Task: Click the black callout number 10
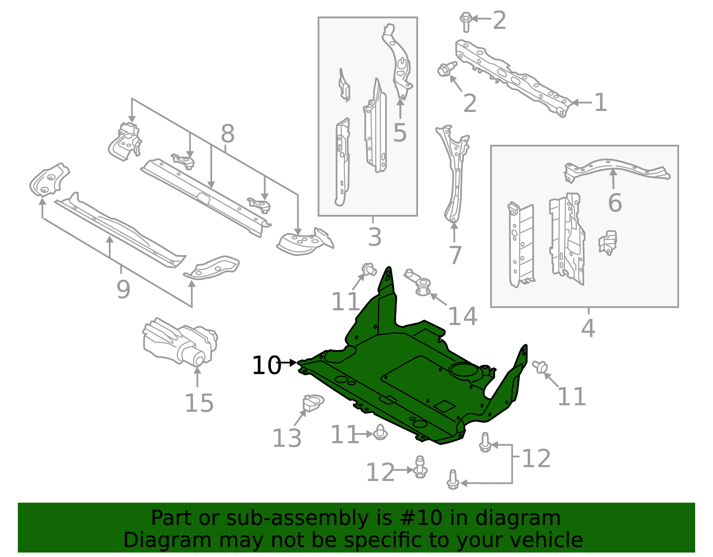pos(266,366)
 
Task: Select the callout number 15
pos(199,404)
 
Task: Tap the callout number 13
pos(287,438)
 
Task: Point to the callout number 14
pos(462,317)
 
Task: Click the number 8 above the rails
pos(227,133)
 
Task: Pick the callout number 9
pos(123,290)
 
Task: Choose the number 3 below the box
pos(374,237)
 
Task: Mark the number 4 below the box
pos(588,329)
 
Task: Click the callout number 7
pos(455,256)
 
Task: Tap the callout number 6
pos(615,203)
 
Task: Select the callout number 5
pos(400,132)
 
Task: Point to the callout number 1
pos(600,103)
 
